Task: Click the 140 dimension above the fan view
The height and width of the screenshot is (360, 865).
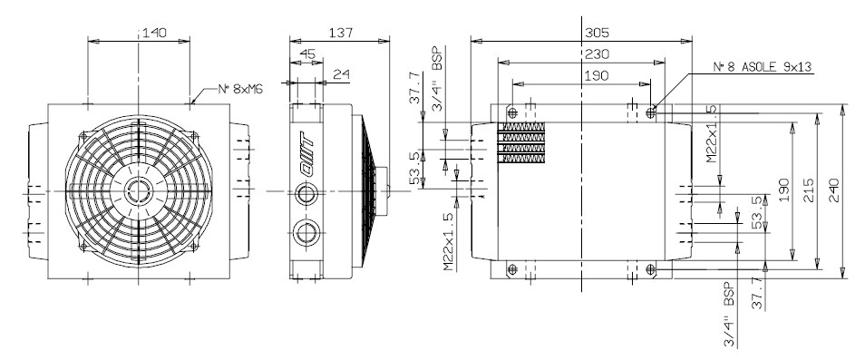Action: [154, 33]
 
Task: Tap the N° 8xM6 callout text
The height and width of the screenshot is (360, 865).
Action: [240, 89]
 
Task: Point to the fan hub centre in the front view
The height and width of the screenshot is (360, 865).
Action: [137, 191]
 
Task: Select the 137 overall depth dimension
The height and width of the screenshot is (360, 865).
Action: [340, 33]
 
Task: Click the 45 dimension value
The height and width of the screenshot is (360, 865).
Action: [307, 54]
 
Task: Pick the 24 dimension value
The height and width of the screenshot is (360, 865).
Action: [341, 73]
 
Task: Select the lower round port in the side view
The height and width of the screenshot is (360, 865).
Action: [305, 233]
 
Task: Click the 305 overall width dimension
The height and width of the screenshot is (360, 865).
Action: [597, 33]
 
